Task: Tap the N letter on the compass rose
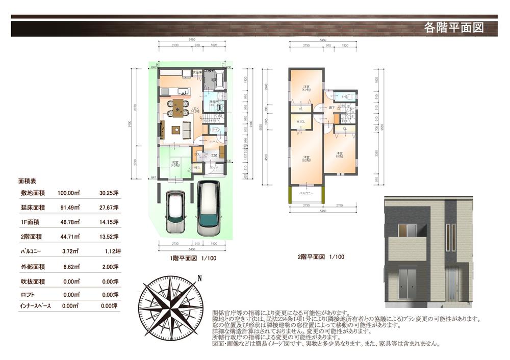[200, 278]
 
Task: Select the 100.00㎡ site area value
[69, 193]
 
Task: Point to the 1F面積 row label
[32, 222]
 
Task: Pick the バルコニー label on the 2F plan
[306, 194]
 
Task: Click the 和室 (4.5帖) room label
[175, 164]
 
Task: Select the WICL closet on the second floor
[301, 121]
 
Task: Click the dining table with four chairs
[177, 108]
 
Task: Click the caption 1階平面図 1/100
[193, 259]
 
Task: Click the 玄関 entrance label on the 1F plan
[214, 155]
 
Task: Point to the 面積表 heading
[27, 181]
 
